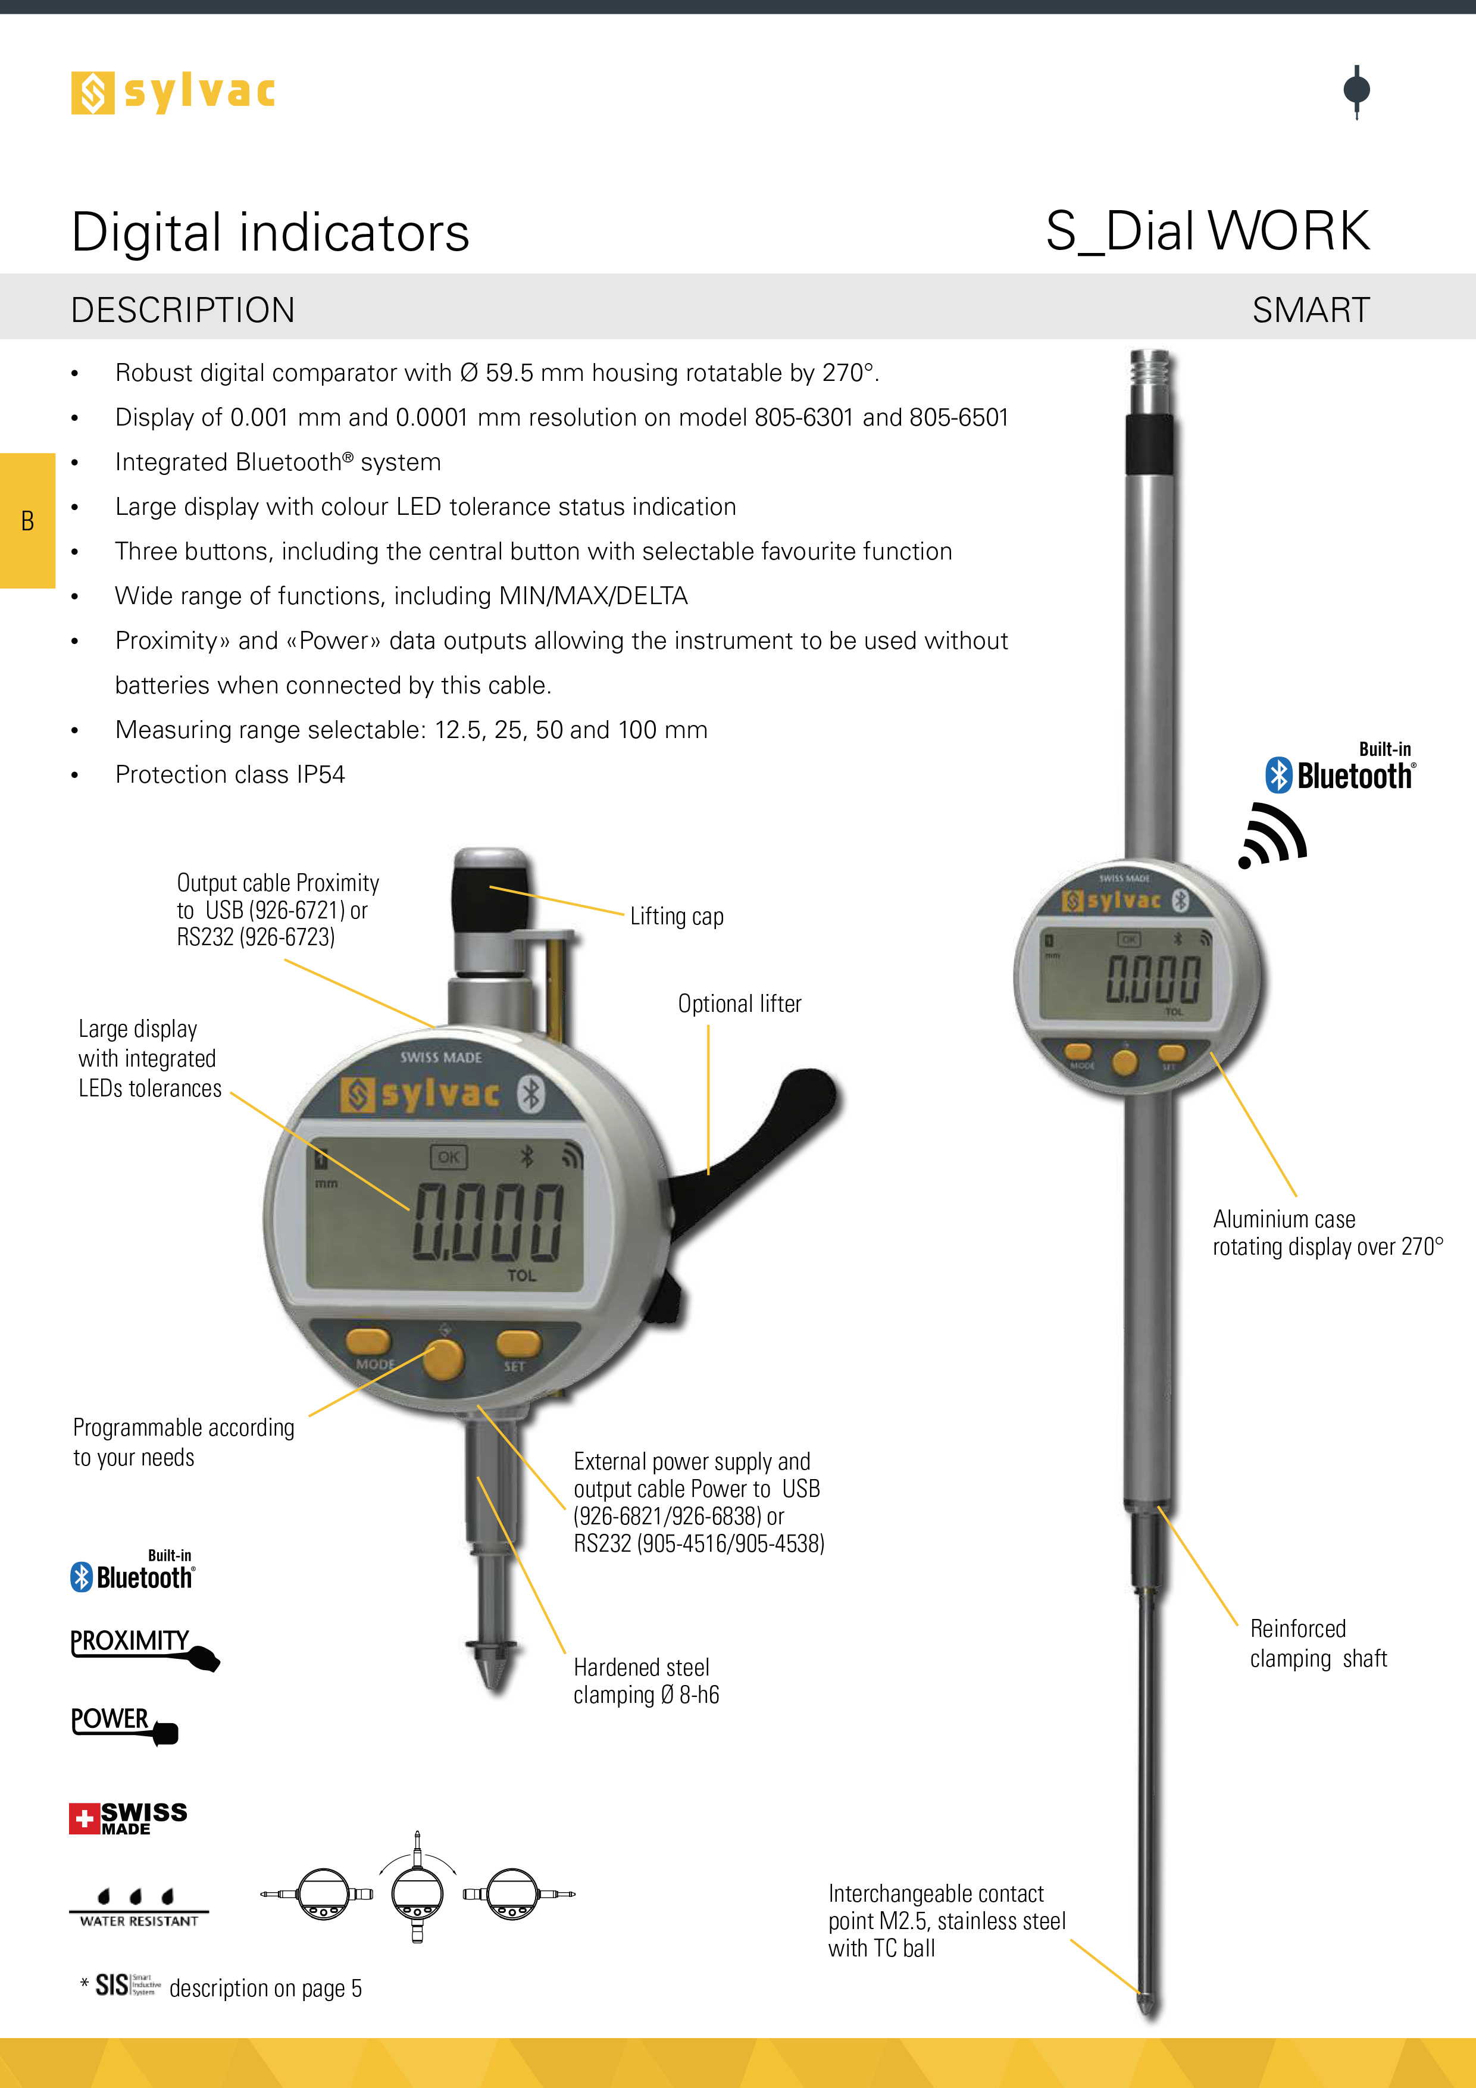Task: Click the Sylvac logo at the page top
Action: [173, 93]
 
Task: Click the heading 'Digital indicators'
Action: [270, 232]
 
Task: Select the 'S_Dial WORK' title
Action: [1207, 231]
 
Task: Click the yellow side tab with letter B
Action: [27, 520]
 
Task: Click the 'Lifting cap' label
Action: [677, 917]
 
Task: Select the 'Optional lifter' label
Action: [739, 1004]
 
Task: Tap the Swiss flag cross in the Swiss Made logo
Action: [85, 1819]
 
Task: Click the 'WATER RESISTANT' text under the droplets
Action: [138, 1921]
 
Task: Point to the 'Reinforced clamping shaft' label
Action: [1318, 1643]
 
